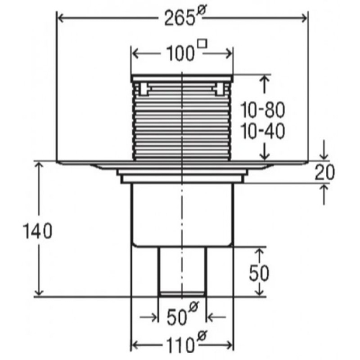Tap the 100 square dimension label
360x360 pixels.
click(x=186, y=52)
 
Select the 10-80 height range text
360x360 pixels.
click(x=263, y=110)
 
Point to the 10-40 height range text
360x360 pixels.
click(x=263, y=131)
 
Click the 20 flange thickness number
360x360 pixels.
click(x=325, y=172)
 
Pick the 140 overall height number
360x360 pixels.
click(x=37, y=231)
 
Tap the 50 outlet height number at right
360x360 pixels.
click(x=259, y=274)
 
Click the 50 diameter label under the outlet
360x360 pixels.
click(x=183, y=315)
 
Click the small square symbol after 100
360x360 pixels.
click(x=203, y=44)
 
